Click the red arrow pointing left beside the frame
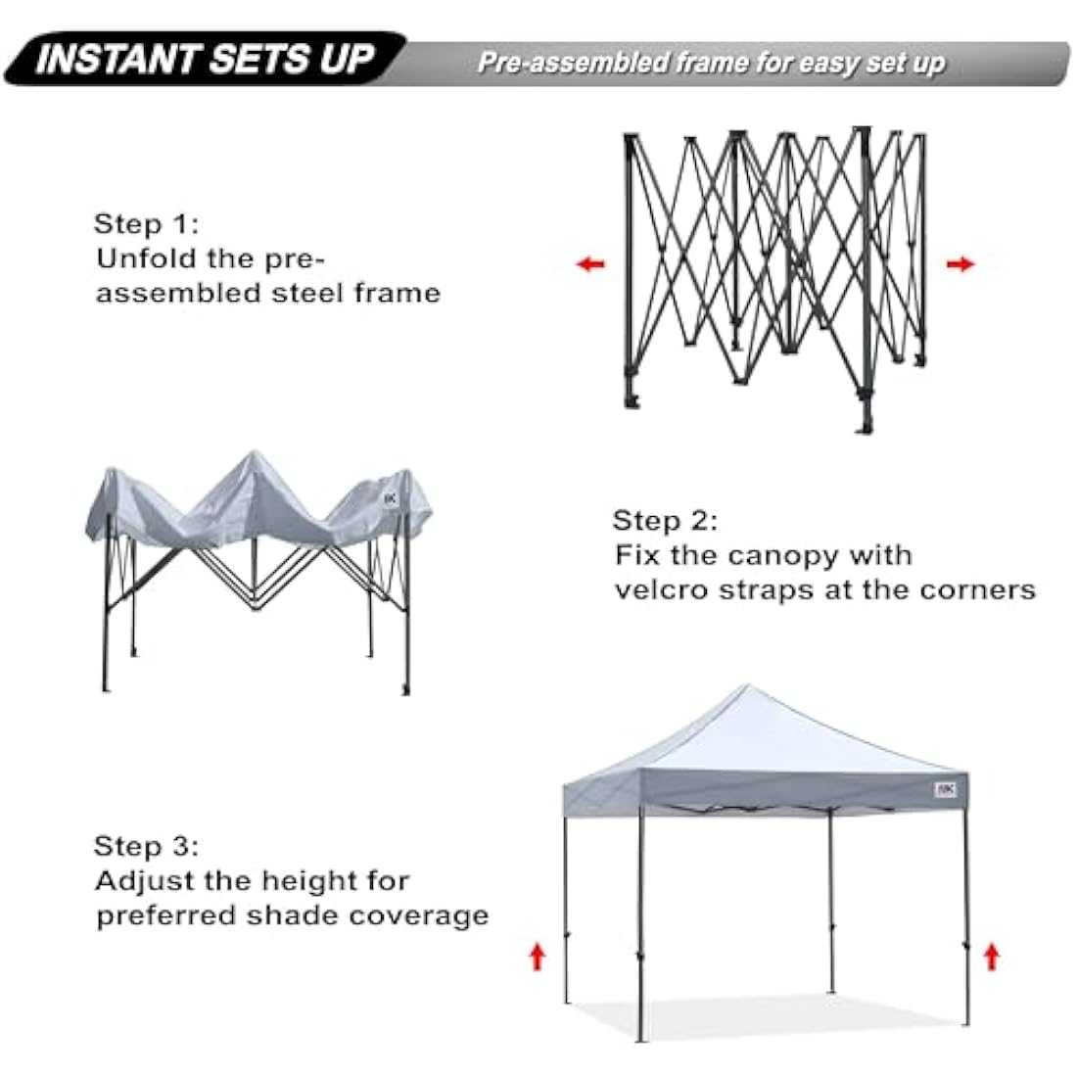(x=590, y=263)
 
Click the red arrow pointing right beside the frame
(x=961, y=263)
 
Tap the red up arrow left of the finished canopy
(x=537, y=955)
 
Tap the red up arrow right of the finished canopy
(x=992, y=955)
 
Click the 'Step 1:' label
(x=146, y=224)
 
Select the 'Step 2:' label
(x=665, y=520)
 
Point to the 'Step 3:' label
(x=146, y=846)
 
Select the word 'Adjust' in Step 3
(x=145, y=880)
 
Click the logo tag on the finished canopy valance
(x=945, y=788)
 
